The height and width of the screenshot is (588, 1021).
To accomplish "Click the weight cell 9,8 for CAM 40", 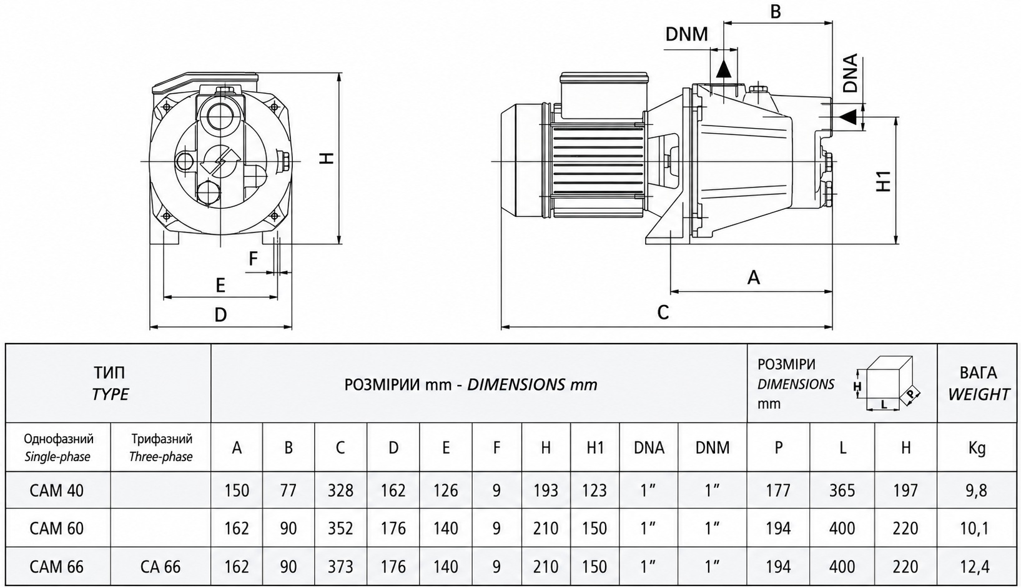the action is point(976,491).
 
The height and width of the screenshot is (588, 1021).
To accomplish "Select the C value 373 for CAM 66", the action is point(340,567).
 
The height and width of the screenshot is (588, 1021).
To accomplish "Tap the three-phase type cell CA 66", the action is point(160,567).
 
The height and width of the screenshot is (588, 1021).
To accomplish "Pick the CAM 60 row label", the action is point(57,528).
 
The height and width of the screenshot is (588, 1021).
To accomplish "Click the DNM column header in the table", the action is point(713,447).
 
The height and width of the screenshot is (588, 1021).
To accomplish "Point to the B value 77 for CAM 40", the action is point(288,491).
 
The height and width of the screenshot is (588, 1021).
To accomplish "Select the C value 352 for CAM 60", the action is point(340,528).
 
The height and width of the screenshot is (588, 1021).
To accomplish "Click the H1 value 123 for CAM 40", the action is point(594,491).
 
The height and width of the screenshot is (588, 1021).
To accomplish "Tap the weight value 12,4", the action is point(977,567).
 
